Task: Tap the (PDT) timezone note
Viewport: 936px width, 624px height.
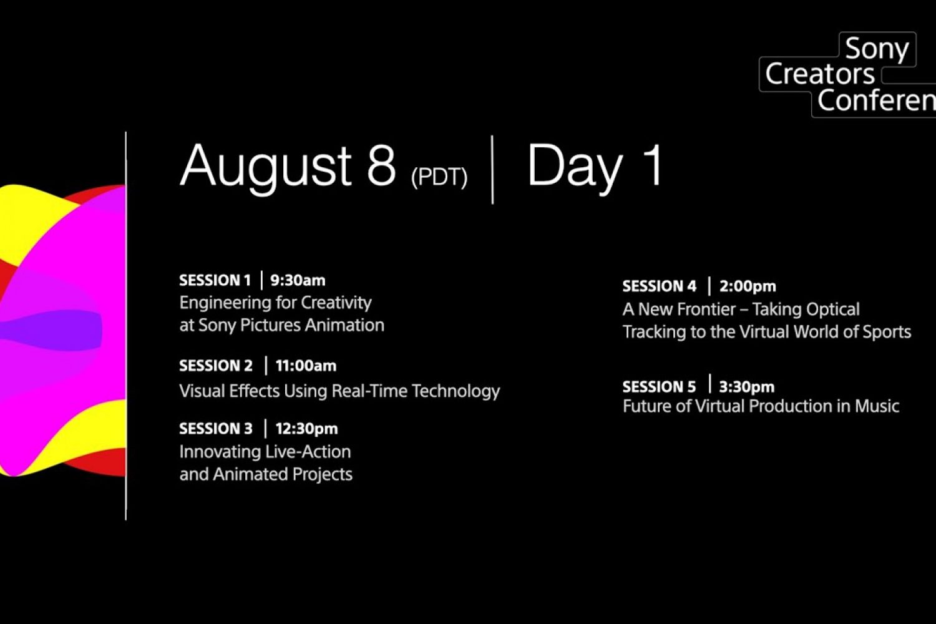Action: click(439, 177)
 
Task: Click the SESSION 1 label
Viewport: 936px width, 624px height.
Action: click(215, 280)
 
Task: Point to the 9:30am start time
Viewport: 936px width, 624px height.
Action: click(298, 280)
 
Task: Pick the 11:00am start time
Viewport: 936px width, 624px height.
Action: click(306, 366)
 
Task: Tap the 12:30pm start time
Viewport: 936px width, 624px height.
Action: click(307, 429)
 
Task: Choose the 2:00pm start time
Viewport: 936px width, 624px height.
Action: click(748, 286)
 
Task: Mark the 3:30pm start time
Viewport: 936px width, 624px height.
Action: click(747, 387)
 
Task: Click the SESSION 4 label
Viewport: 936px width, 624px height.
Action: click(660, 286)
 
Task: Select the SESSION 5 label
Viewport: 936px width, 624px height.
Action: click(660, 387)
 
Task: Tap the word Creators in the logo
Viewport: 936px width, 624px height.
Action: click(820, 74)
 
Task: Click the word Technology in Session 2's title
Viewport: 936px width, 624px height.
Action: click(456, 392)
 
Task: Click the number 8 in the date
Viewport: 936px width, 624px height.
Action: click(381, 165)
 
